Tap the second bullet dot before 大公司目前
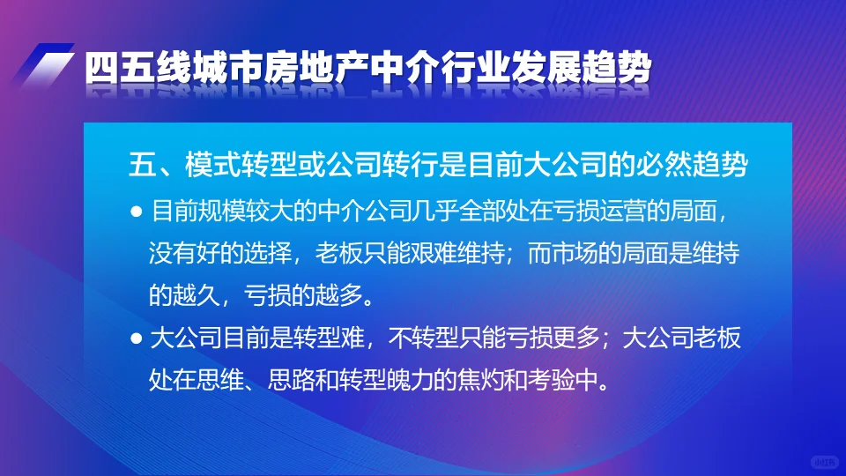click(x=136, y=338)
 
